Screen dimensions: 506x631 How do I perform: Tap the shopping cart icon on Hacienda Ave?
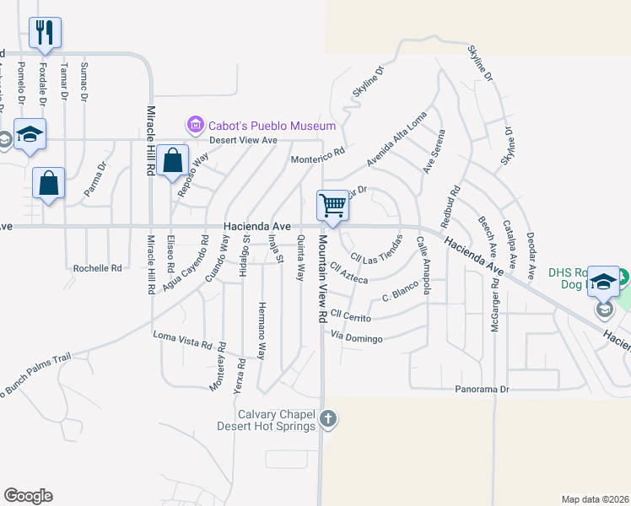click(332, 205)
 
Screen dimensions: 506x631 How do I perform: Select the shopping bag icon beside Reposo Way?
click(172, 159)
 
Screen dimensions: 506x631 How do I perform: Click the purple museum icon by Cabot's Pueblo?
click(196, 126)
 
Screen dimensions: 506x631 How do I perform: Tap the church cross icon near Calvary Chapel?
click(328, 418)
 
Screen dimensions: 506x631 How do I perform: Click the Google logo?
click(28, 496)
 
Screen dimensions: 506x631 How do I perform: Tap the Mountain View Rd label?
click(322, 279)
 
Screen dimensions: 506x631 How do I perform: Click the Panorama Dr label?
click(483, 390)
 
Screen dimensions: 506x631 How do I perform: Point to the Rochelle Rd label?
click(98, 268)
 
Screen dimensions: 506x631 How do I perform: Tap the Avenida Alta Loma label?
click(396, 138)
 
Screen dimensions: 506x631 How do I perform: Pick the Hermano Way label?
click(262, 330)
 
